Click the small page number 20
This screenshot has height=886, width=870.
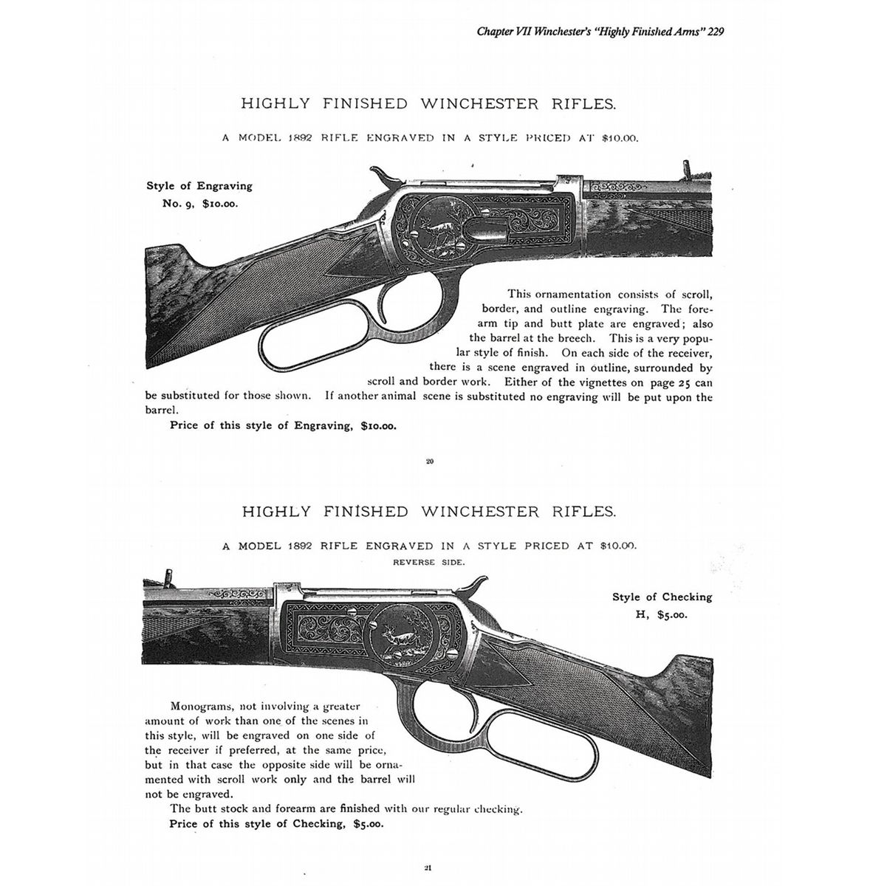[x=429, y=462]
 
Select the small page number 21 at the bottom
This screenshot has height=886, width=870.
[x=428, y=868]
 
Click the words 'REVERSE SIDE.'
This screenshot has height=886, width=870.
[x=429, y=562]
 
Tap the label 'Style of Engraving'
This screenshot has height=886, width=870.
[x=199, y=186]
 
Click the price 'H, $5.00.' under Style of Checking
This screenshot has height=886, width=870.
[x=662, y=614]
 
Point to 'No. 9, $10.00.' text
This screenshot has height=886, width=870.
[x=200, y=203]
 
